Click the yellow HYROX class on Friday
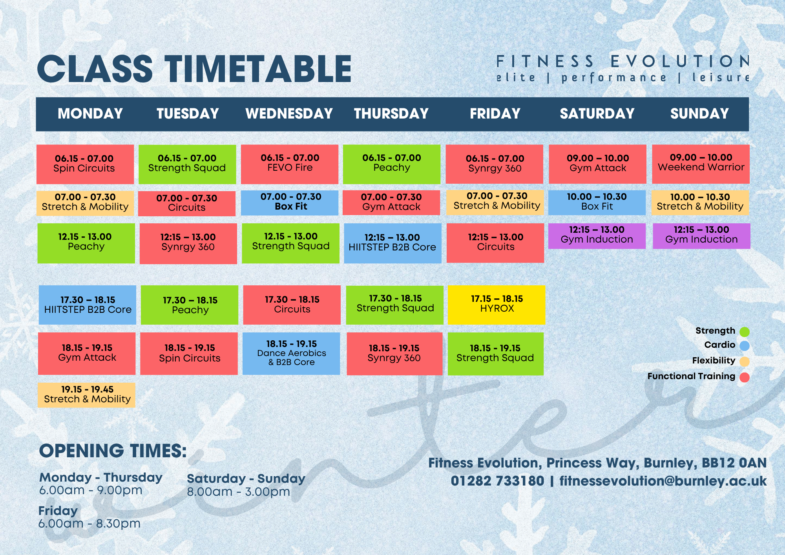pos(497,305)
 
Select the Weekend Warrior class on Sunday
pos(701,164)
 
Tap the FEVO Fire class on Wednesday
pos(290,164)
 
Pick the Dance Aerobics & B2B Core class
pos(291,353)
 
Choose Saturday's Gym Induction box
pos(597,236)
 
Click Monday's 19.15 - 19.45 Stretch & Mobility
pos(86,395)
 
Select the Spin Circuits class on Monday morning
pos(85,164)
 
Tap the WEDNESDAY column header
pos(289,114)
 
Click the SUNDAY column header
pos(699,114)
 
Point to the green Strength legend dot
pos(745,332)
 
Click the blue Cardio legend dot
pos(745,346)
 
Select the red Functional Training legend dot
pos(745,377)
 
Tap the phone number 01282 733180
pos(497,481)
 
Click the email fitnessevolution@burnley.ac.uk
pos(663,481)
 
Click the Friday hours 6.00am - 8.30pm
pos(89,523)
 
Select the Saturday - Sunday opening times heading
pos(246,478)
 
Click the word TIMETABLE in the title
pos(258,69)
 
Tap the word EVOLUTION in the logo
pos(680,61)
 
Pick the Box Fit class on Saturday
pos(597,203)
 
